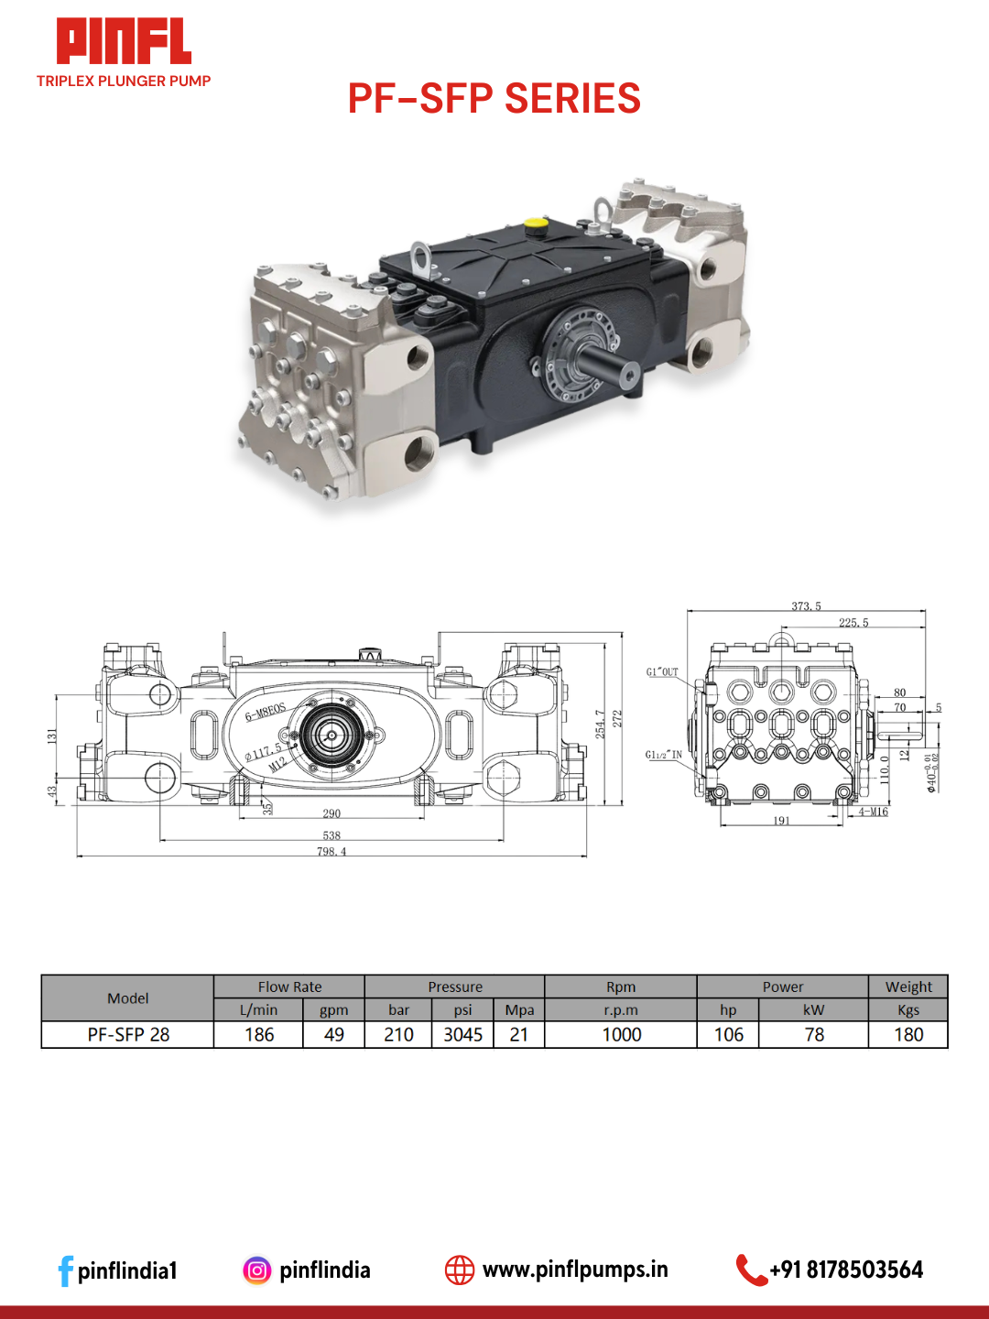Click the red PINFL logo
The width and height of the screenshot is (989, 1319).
124,41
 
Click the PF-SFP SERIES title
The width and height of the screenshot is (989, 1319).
494,99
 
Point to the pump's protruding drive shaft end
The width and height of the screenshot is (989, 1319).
629,375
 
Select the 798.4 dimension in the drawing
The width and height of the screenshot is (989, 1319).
331,852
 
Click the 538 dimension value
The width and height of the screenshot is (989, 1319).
331,835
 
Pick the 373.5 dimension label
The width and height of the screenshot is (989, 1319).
806,606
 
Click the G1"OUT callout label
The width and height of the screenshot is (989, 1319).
662,672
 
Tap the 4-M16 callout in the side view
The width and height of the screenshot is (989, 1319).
873,812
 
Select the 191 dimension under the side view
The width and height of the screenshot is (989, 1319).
781,821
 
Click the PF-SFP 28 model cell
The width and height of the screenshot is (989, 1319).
128,1035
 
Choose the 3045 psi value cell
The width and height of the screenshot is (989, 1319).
462,1035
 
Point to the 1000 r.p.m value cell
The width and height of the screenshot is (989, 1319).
621,1035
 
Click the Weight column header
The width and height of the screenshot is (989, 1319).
908,987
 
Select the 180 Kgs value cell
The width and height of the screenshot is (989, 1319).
908,1035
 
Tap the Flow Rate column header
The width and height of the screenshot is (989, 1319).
289,987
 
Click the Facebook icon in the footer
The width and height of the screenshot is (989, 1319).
65,1270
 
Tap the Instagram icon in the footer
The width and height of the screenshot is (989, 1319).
257,1270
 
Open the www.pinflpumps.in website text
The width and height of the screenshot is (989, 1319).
575,1270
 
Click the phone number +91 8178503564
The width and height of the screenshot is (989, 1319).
846,1270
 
